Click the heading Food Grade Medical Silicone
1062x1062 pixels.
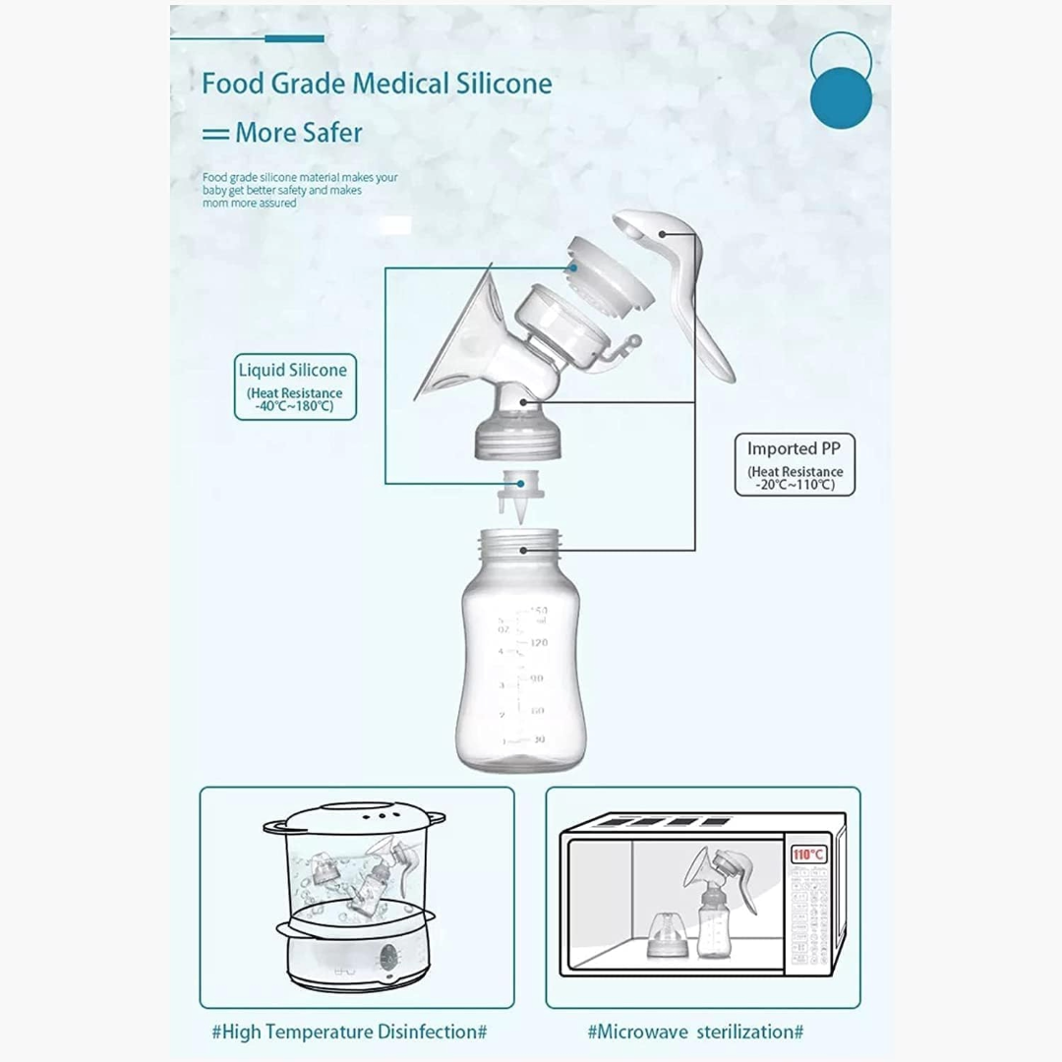point(377,84)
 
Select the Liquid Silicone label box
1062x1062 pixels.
point(293,386)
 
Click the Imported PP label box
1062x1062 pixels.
point(795,463)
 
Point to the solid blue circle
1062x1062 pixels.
point(841,98)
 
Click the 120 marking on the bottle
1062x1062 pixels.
point(538,642)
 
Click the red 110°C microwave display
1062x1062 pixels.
point(808,855)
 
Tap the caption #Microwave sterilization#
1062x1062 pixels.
point(695,1032)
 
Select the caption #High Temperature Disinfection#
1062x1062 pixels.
point(350,1032)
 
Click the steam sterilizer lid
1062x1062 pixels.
point(354,819)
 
